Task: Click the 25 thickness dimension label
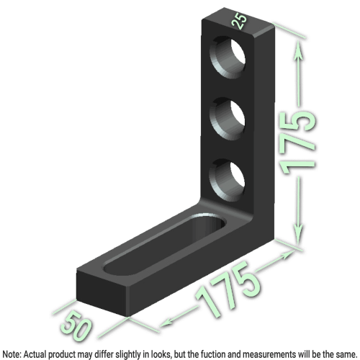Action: (x=240, y=22)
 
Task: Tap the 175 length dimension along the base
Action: (x=227, y=290)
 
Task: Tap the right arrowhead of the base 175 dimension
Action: (x=292, y=253)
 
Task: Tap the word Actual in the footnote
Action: (x=36, y=354)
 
